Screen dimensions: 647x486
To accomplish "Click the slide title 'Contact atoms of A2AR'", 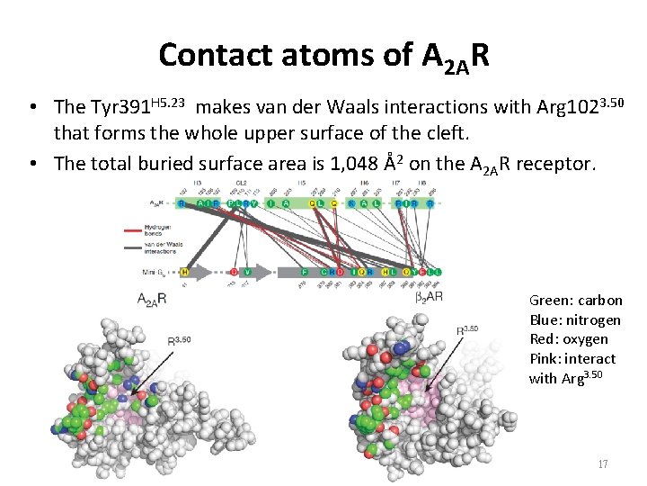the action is coord(323,56).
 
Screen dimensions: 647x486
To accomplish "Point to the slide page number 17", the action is coord(602,464).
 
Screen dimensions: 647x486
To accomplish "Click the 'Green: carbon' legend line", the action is coord(576,301).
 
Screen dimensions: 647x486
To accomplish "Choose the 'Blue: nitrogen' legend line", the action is coord(576,319).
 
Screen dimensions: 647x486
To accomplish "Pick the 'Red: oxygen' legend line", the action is coord(569,339).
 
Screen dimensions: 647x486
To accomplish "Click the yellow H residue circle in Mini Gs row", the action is coord(184,271).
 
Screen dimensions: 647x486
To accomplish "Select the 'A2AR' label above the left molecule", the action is coord(155,300).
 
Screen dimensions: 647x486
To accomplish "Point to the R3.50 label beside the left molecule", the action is coord(182,340).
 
